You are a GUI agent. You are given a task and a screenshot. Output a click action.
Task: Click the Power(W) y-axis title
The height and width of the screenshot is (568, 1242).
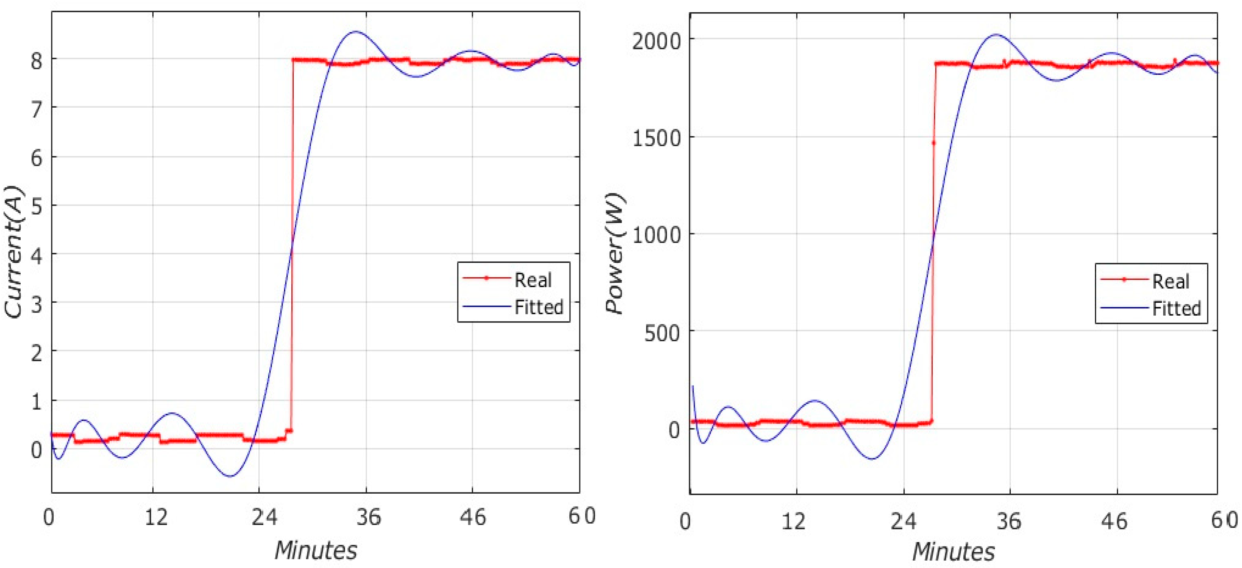615,253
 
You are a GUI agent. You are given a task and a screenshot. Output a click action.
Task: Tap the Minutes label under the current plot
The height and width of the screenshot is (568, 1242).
316,550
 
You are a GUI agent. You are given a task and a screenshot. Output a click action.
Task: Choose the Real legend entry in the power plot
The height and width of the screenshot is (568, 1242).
1170,282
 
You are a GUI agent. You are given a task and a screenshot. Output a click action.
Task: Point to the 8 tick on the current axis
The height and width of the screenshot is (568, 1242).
36,61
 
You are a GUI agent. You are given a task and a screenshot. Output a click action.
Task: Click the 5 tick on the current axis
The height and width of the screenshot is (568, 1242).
36,207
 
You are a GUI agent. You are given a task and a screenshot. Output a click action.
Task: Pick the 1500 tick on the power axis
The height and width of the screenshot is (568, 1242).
656,139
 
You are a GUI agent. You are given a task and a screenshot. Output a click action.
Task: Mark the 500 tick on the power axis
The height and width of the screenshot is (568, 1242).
661,333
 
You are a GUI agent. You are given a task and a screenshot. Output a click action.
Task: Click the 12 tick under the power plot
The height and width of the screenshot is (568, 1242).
793,521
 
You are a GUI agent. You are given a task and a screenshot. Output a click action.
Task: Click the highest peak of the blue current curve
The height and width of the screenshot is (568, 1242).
356,32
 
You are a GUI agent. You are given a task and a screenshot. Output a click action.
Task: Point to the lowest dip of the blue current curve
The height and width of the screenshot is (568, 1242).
230,477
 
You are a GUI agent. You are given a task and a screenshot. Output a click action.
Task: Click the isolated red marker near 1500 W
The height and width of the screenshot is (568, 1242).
933,143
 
